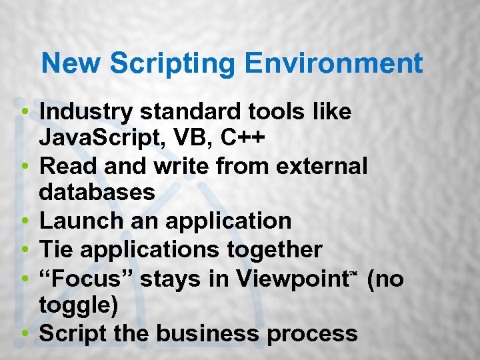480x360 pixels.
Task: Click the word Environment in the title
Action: coord(334,64)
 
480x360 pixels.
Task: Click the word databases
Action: coord(97,193)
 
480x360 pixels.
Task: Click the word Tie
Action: coord(55,250)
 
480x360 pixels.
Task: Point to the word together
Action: coord(273,250)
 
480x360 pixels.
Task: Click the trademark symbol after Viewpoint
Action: coord(354,273)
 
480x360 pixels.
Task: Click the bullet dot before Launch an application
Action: coord(24,221)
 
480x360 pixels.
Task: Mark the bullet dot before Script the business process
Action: coord(24,333)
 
